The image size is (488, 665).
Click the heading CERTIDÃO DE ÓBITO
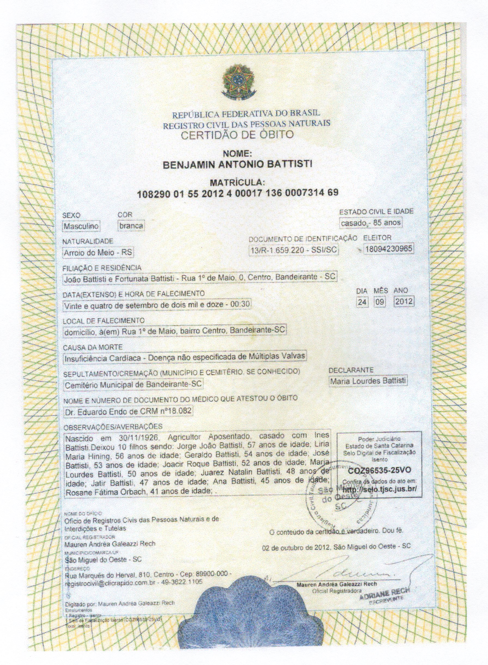click(237, 135)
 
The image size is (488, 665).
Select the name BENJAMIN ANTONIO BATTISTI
click(237, 164)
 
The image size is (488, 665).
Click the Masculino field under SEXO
click(81, 226)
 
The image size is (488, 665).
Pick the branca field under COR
click(131, 226)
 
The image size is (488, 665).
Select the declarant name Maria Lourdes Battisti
click(368, 381)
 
